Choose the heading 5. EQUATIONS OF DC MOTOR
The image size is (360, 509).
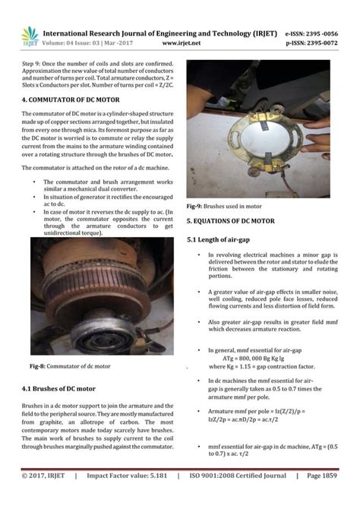[x=230, y=221]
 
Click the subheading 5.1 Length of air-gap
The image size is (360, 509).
[x=219, y=239]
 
